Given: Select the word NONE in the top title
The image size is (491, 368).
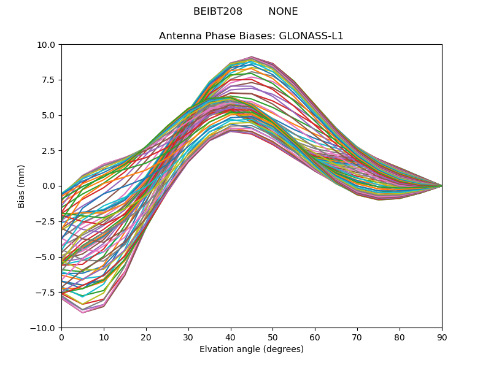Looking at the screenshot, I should tap(283, 12).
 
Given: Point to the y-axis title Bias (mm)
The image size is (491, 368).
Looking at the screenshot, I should tap(21, 186).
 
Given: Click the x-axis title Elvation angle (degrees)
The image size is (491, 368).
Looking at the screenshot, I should tap(252, 350).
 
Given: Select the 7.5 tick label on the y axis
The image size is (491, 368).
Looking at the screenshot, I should tap(49, 80).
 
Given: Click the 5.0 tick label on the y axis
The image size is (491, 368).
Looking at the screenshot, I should tap(49, 115).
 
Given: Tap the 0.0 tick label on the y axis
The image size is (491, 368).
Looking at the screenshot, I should tap(49, 186).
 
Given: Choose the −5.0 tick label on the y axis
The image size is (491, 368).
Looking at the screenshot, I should tap(47, 257).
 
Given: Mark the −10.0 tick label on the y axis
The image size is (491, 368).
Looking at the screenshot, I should tap(44, 328).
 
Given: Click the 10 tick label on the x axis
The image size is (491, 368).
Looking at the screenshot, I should tap(104, 337).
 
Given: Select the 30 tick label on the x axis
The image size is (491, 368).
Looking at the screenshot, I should tap(188, 337).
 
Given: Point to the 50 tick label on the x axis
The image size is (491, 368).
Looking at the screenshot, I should tap(273, 337).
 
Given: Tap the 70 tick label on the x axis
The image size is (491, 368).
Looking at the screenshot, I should tap(357, 337).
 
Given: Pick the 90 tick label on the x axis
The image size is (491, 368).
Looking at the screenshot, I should tap(442, 337).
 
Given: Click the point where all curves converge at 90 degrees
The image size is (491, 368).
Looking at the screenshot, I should tap(441, 186).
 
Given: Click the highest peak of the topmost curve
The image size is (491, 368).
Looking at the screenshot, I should tap(252, 57).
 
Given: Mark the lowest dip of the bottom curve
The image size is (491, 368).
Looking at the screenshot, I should tap(83, 313).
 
